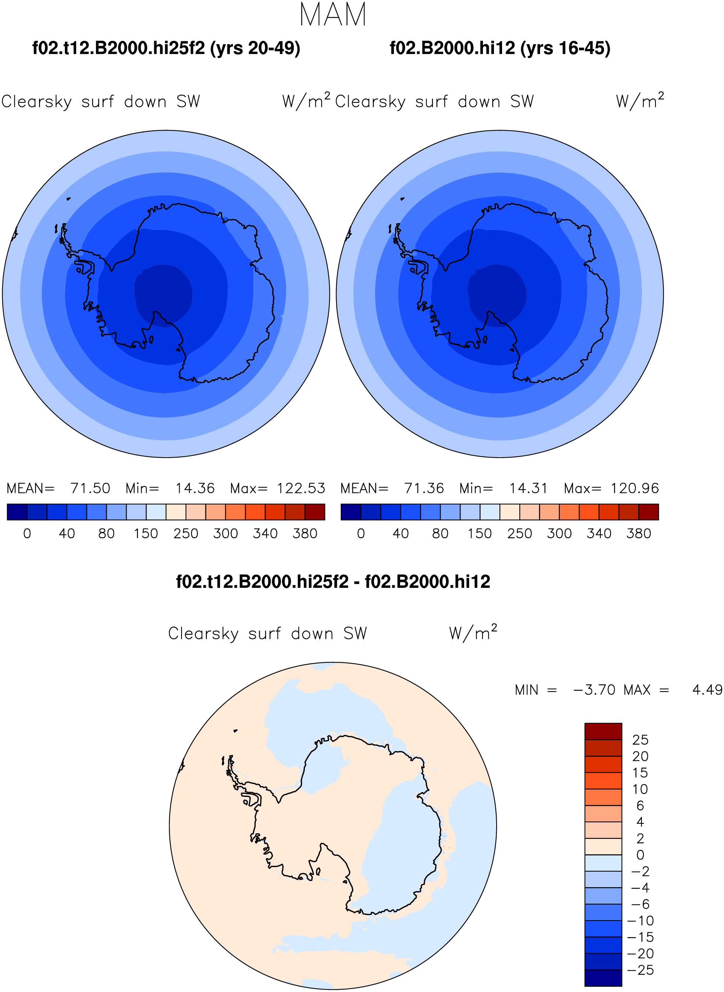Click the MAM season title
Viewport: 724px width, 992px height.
(333, 14)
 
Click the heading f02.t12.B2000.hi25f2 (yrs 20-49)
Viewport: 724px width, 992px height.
(166, 48)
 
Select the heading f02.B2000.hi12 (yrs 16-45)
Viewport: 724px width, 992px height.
(500, 48)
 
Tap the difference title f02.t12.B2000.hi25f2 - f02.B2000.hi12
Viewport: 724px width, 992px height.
(333, 582)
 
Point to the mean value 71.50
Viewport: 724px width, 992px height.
(90, 488)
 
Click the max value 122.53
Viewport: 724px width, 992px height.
(301, 488)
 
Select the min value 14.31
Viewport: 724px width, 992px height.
(528, 488)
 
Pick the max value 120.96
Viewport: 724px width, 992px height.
(635, 488)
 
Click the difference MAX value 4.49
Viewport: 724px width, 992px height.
(707, 690)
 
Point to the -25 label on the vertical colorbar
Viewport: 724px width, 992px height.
(641, 970)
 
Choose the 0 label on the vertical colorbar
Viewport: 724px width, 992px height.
(640, 855)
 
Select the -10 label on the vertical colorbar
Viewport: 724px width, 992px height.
(641, 921)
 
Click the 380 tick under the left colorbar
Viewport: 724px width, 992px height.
(305, 533)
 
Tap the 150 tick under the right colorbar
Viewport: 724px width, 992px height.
(480, 533)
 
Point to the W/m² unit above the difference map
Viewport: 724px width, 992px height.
(473, 632)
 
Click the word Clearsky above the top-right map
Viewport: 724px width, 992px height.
(370, 102)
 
